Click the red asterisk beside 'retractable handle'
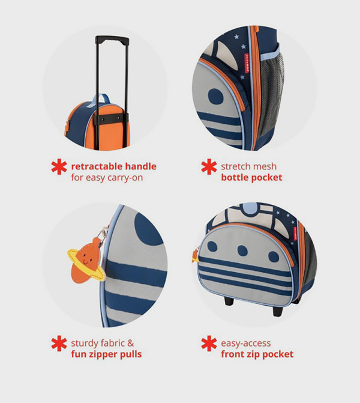pyautogui.click(x=59, y=167)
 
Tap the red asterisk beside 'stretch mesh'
pyautogui.click(x=209, y=167)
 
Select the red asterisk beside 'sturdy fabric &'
pyautogui.click(x=59, y=344)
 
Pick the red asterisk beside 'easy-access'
pyautogui.click(x=209, y=344)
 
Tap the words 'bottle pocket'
pyautogui.click(x=251, y=177)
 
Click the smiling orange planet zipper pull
pyautogui.click(x=86, y=264)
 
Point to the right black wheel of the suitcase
pyautogui.click(x=278, y=311)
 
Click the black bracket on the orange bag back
pyautogui.click(x=112, y=120)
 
